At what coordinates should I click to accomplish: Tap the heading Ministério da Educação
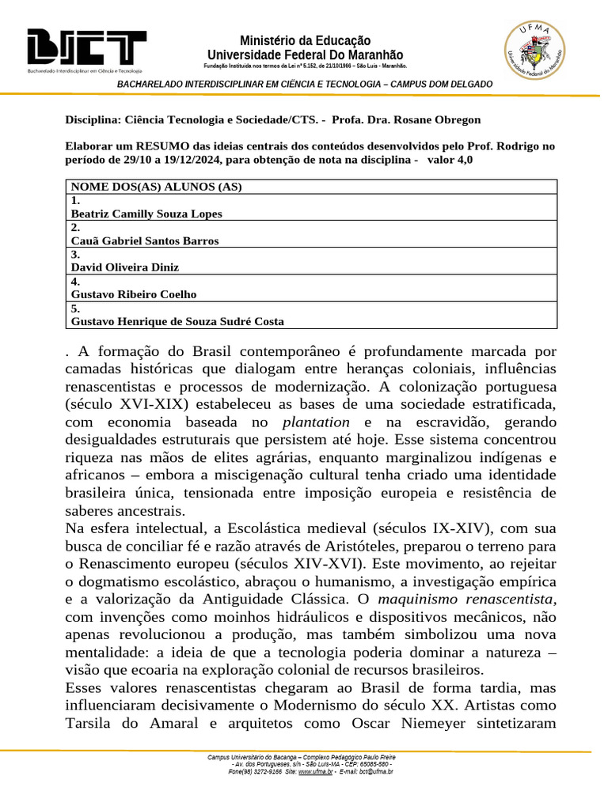point(305,40)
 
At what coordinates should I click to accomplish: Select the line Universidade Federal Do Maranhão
point(305,55)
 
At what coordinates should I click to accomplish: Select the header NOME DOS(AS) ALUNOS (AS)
point(156,187)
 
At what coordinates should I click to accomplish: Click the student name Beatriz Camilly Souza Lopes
point(146,214)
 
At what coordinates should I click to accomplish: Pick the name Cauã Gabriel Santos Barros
point(145,240)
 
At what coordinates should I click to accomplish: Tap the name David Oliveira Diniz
point(125,267)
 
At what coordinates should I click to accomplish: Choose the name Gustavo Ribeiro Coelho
point(134,294)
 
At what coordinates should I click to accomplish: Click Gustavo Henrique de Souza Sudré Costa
point(177,321)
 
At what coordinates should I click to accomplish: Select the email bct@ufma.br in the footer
point(377,771)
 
